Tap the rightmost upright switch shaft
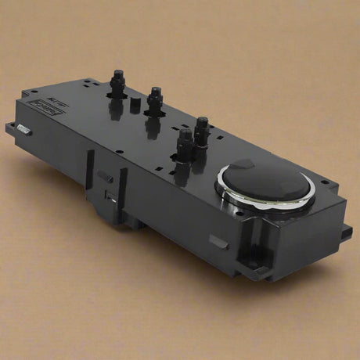pyautogui.click(x=202, y=129)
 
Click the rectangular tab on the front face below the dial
pyautogui.click(x=220, y=242)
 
